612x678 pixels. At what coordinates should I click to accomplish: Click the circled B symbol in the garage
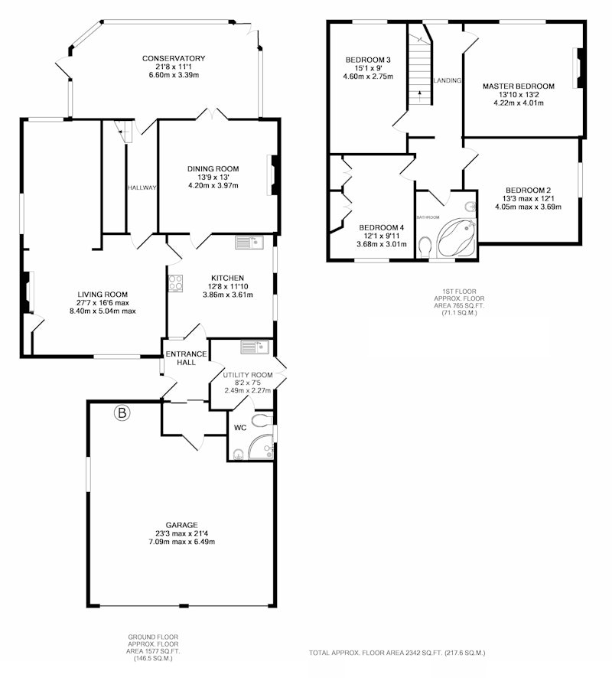click(122, 413)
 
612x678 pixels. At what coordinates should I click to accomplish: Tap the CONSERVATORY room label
click(174, 58)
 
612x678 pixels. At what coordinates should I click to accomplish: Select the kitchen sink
click(249, 243)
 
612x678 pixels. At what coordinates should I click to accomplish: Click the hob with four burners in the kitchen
click(175, 283)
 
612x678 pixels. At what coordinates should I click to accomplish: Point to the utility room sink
click(255, 347)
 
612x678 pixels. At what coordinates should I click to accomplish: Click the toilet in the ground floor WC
click(262, 420)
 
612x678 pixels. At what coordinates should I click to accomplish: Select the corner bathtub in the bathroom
click(457, 239)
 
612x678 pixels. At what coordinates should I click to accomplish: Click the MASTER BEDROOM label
click(519, 86)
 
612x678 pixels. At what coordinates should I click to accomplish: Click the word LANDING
click(448, 80)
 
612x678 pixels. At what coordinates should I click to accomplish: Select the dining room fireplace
click(273, 174)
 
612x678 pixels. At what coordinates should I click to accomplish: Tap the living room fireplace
click(27, 291)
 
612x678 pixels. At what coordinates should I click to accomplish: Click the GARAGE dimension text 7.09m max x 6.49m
click(181, 541)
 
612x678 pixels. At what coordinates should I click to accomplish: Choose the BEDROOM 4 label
click(382, 227)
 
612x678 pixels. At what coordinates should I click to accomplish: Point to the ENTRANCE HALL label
click(187, 358)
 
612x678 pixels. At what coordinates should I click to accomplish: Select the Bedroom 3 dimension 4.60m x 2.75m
click(368, 77)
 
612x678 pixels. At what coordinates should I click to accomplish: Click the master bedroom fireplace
click(580, 67)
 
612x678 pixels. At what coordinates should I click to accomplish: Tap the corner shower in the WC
click(262, 447)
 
